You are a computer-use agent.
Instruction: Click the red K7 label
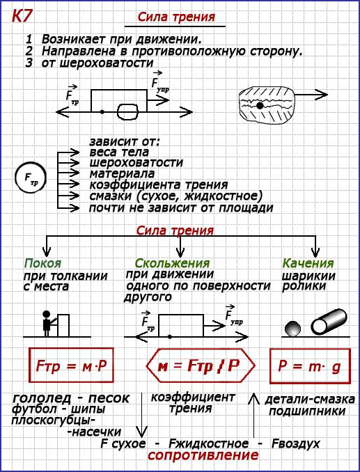coord(21,17)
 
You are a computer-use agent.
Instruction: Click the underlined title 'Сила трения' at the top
coord(176,17)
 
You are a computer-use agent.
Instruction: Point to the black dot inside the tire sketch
coord(260,105)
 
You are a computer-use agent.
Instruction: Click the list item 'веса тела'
coord(119,152)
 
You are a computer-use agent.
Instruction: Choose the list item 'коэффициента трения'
coord(159,184)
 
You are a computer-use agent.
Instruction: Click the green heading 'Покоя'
coord(42,263)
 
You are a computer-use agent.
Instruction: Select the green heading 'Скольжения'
coord(172,263)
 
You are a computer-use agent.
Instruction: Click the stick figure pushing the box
coord(47,324)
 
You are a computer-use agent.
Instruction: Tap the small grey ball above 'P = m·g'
coord(293,329)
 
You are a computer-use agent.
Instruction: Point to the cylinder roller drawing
coord(329,322)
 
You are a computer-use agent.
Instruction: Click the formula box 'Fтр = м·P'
coord(71,365)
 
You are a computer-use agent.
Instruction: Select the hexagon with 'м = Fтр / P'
coord(201,365)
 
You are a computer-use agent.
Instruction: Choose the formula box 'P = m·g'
coord(310,365)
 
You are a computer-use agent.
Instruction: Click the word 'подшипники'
coord(307,411)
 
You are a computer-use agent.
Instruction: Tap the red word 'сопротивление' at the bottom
coord(203,455)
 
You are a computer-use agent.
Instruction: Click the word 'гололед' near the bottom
coord(42,398)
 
